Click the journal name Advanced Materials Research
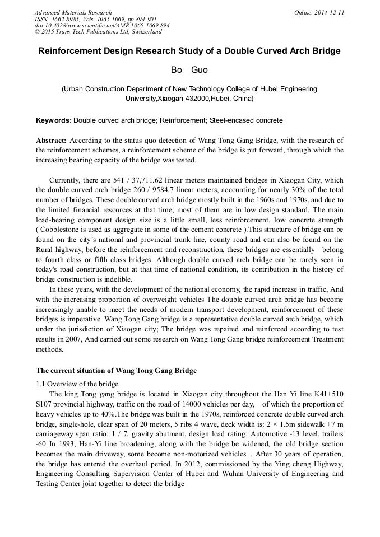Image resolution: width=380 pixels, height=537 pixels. coord(73,12)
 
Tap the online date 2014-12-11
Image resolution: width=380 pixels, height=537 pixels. coord(328,12)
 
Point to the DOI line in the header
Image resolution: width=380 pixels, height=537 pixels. coord(103,26)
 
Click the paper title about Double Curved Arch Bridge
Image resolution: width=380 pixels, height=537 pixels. coord(189,51)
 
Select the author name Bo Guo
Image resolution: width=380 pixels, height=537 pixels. coord(189,71)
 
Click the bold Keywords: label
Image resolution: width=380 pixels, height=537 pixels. coord(54,120)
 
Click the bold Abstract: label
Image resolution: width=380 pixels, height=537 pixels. coord(52,140)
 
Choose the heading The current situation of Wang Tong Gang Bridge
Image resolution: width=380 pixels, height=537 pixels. coord(116,371)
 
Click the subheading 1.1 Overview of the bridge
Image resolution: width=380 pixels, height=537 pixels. coord(77,384)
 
